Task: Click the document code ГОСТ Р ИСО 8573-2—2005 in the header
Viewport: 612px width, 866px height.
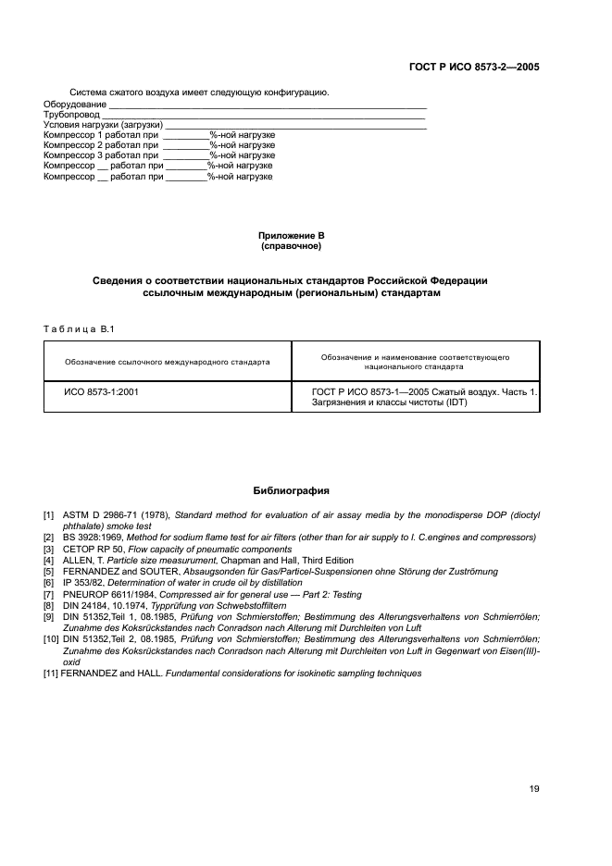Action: [473, 68]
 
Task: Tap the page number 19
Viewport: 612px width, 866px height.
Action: [534, 788]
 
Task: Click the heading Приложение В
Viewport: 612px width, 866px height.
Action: [292, 237]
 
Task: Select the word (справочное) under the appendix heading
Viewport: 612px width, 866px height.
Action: [292, 247]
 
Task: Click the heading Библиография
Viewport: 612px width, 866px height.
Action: [292, 491]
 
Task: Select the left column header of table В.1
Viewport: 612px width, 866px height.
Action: [168, 362]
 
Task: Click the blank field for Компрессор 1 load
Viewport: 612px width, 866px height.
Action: [185, 135]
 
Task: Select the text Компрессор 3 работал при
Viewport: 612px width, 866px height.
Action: [102, 155]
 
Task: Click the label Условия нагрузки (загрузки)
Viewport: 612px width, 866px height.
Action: [103, 125]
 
